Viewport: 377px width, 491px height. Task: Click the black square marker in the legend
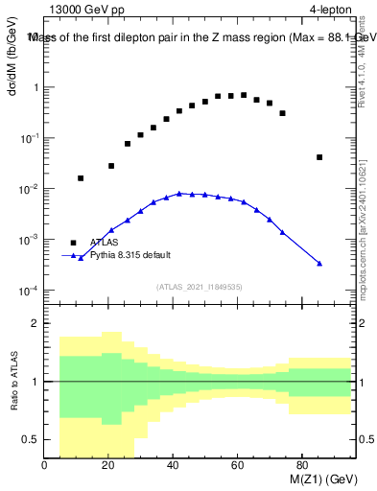[73, 243]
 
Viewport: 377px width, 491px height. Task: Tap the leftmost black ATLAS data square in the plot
[81, 178]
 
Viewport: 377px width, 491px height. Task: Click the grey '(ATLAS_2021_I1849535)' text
[198, 286]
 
